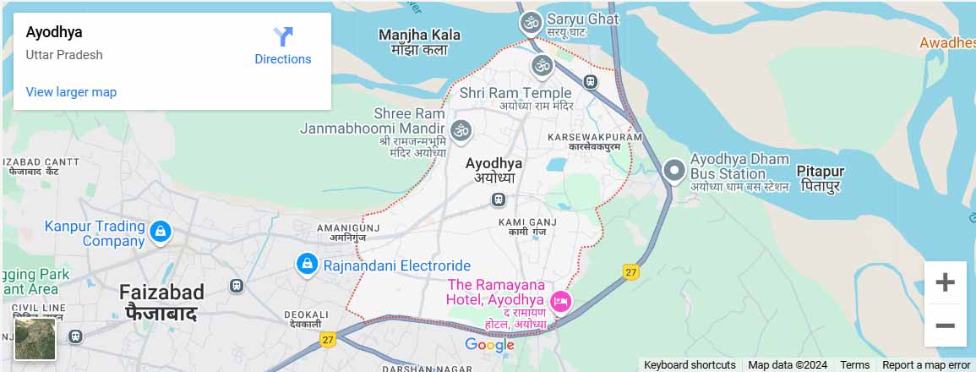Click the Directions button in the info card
pyautogui.click(x=282, y=46)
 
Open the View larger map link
pyautogui.click(x=71, y=92)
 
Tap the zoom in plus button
pyautogui.click(x=945, y=282)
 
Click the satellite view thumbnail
pyautogui.click(x=35, y=338)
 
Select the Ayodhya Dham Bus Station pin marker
pyautogui.click(x=673, y=171)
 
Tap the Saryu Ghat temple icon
pyautogui.click(x=531, y=23)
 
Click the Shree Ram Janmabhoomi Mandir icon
pyautogui.click(x=461, y=130)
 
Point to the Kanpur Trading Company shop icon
pyautogui.click(x=160, y=231)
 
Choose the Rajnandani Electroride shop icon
pyautogui.click(x=306, y=265)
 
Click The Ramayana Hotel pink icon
pyautogui.click(x=559, y=301)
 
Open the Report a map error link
pyautogui.click(x=926, y=365)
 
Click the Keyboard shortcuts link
pyautogui.click(x=690, y=365)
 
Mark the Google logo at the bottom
pyautogui.click(x=489, y=345)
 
